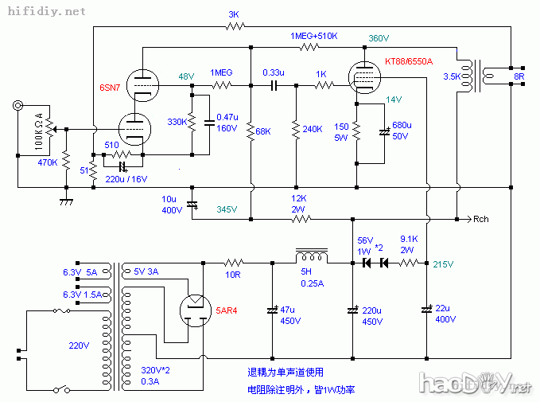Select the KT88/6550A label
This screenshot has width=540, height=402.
pyautogui.click(x=408, y=60)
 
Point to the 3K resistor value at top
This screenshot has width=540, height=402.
pyautogui.click(x=234, y=14)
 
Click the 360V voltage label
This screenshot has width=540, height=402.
pyautogui.click(x=379, y=38)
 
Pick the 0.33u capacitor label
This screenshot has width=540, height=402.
pyautogui.click(x=274, y=72)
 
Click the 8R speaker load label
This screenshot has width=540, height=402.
pyautogui.click(x=519, y=77)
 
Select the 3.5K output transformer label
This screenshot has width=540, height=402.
pyautogui.click(x=452, y=77)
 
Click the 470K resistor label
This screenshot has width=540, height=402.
pyautogui.click(x=49, y=162)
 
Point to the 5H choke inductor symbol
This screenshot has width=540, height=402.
pyautogui.click(x=311, y=256)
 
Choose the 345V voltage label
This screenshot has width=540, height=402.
pyautogui.click(x=227, y=209)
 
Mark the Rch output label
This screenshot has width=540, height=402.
pyautogui.click(x=482, y=219)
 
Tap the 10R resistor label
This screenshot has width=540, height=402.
pyautogui.click(x=233, y=274)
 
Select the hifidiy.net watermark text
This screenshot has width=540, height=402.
pyautogui.click(x=45, y=11)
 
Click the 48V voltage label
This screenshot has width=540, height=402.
pyautogui.click(x=186, y=76)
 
